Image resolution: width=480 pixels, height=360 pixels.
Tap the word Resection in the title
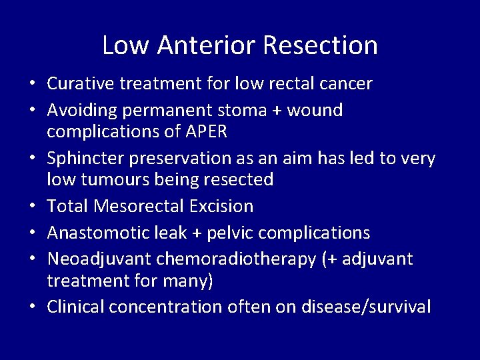pos(321,45)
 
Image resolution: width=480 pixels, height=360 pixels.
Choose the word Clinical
pos(75,307)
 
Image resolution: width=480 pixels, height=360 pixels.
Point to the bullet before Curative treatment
pos(32,85)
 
